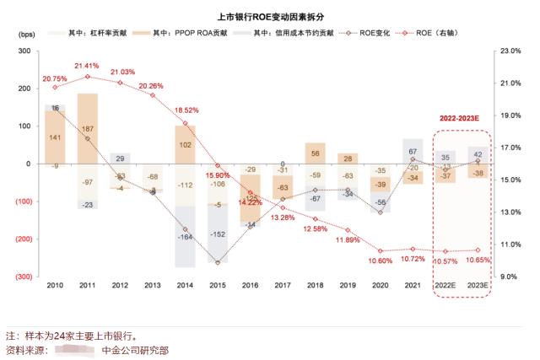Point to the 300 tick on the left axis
tap(24, 51)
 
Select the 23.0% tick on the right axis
tap(510, 51)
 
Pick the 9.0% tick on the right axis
tap(509, 277)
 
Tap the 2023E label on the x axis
tap(477, 287)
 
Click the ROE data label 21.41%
tap(87, 65)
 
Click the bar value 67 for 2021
tap(413, 152)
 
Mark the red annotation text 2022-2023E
tap(461, 120)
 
